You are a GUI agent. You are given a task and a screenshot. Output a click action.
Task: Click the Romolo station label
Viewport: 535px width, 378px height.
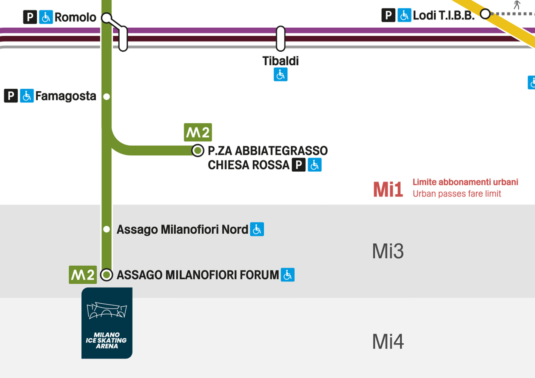tap(75, 17)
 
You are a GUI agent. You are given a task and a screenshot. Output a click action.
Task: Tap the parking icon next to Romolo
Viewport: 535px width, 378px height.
tap(30, 17)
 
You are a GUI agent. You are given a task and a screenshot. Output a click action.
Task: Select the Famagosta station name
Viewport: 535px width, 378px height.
tap(66, 96)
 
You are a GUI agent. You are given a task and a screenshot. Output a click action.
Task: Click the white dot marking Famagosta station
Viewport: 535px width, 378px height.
tap(106, 97)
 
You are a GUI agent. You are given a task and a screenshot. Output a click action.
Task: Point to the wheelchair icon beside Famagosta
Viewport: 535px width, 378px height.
tap(27, 96)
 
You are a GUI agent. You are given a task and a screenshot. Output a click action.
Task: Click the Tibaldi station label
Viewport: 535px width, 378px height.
tap(281, 61)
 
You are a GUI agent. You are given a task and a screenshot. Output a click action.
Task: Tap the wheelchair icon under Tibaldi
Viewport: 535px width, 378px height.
tap(281, 75)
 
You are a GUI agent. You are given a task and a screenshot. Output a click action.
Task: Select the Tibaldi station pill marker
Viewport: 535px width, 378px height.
tap(281, 38)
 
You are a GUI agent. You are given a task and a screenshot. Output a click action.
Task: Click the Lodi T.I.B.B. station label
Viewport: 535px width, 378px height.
tap(444, 15)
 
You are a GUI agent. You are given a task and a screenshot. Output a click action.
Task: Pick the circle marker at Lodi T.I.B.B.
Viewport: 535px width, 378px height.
tap(485, 14)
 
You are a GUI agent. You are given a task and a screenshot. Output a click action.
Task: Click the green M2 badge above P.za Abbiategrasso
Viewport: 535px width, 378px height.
tap(198, 132)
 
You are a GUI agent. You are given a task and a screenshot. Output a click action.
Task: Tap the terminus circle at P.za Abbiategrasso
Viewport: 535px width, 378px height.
tap(197, 151)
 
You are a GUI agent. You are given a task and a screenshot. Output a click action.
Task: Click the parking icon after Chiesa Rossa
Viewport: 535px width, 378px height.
tap(299, 165)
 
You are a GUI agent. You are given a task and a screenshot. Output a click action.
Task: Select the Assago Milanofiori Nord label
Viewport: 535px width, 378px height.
tap(182, 229)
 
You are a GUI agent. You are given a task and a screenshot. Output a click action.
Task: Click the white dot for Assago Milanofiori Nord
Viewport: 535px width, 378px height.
tap(106, 229)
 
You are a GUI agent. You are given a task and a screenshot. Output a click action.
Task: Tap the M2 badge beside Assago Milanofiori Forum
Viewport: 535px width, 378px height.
tap(83, 275)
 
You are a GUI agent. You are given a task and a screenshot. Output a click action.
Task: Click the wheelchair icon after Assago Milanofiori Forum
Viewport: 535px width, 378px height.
tap(288, 275)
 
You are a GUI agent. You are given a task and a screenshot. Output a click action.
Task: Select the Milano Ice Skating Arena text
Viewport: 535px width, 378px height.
tap(107, 340)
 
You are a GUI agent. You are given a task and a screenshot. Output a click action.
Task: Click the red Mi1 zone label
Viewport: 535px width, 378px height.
tap(388, 189)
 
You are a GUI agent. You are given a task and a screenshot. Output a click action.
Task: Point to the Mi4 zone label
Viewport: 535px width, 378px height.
tap(388, 342)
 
